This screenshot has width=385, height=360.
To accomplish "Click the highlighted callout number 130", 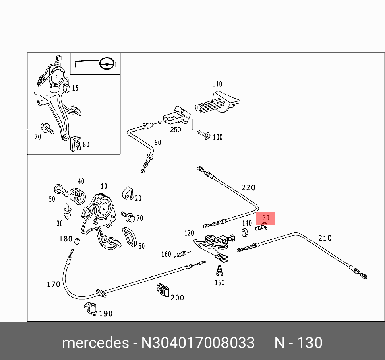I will pos(265,218).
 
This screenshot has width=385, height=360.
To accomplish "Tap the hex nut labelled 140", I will pos(244,232).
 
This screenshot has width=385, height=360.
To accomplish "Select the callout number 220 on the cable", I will pos(248,187).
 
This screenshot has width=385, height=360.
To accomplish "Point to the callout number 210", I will pos(325,238).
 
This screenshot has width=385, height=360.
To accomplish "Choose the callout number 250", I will pos(175,130).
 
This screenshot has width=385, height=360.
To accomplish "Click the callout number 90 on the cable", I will pos(157,143).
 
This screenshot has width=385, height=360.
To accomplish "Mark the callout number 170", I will pos(53,284).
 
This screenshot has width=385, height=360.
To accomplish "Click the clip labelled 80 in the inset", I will pos(75,144).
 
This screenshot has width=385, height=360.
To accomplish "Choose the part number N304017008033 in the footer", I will pos(197,343).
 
